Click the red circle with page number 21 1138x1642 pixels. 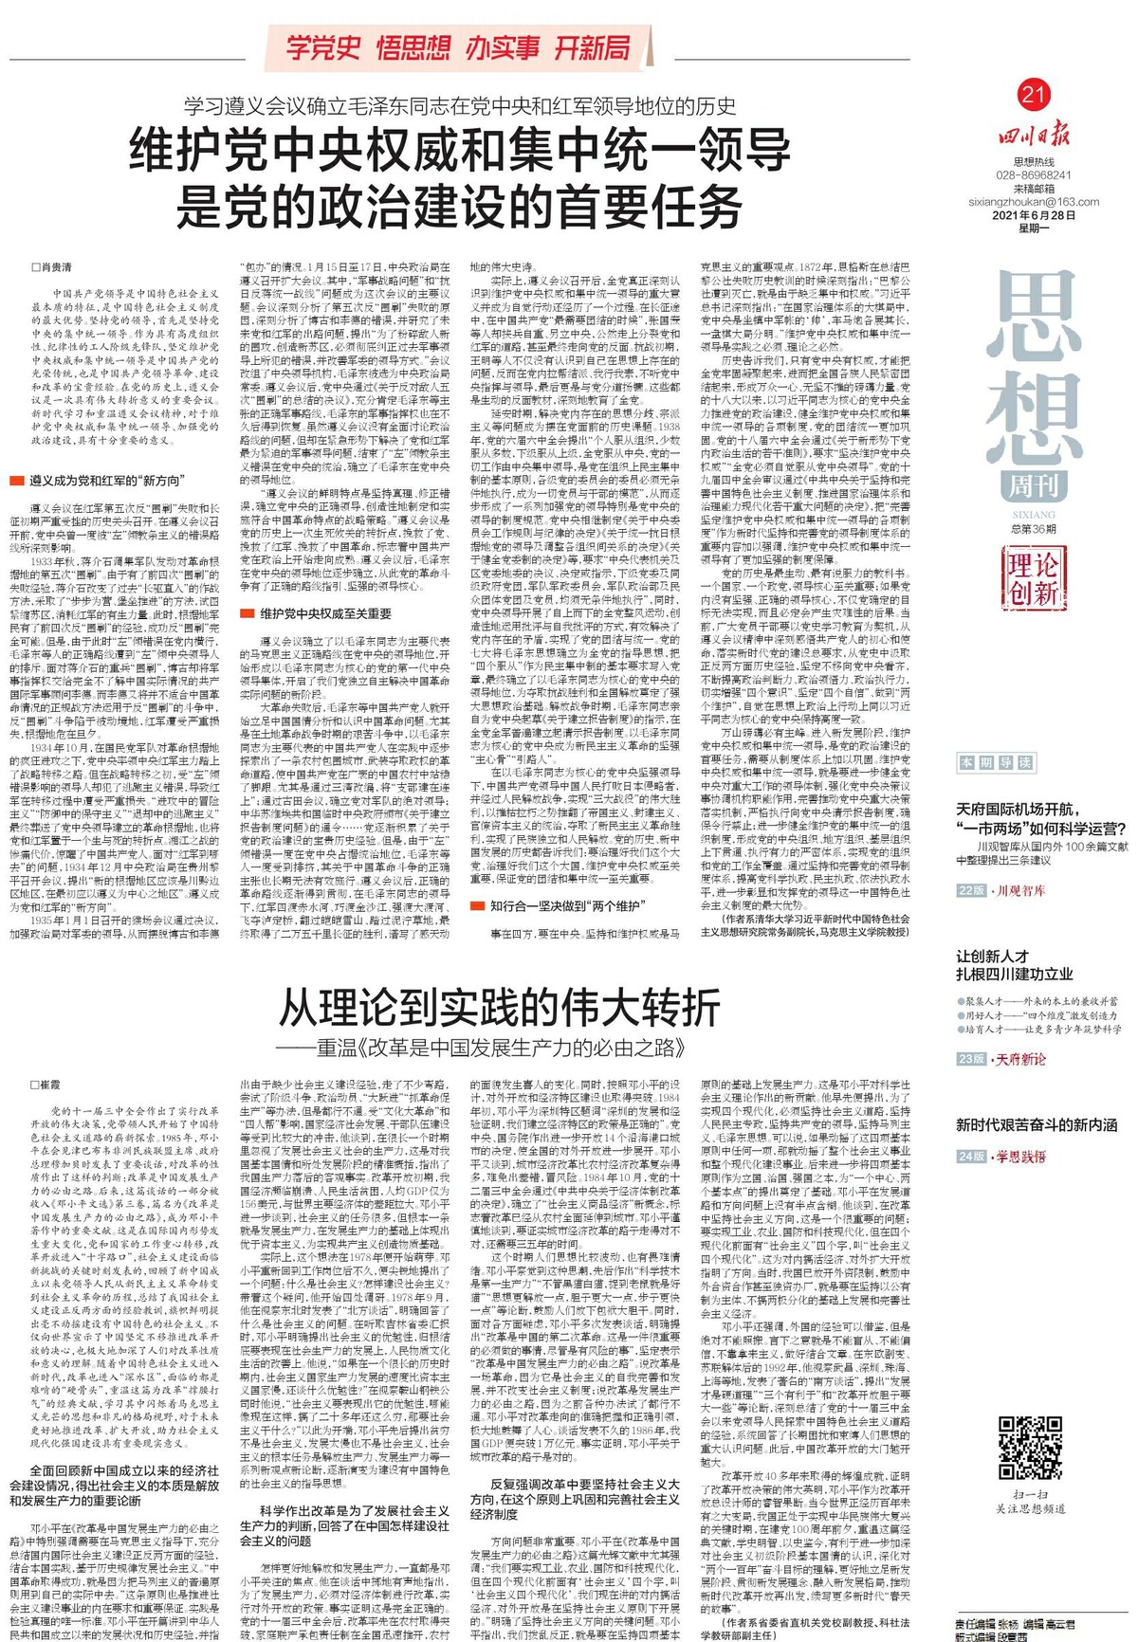[1033, 94]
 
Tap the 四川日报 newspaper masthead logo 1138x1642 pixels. [1033, 136]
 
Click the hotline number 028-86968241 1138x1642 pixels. [1034, 175]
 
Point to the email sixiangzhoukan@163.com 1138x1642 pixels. [1034, 201]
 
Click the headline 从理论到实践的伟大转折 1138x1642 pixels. [500, 1008]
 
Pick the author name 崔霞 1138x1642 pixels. [49, 1085]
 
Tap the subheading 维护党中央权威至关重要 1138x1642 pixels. [325, 614]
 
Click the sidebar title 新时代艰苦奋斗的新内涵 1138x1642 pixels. [1036, 1124]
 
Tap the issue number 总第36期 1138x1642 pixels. [1033, 529]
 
